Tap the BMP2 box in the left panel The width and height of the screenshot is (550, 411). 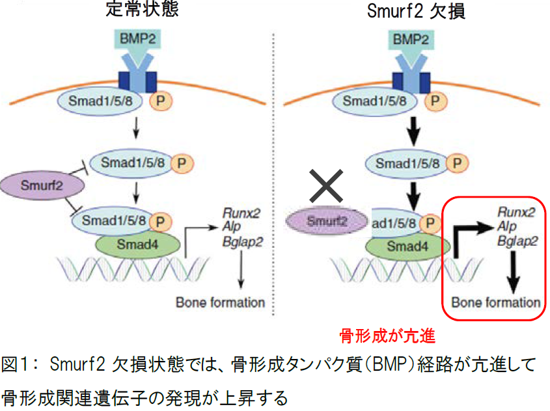(x=137, y=40)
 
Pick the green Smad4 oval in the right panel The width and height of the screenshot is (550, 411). (x=407, y=246)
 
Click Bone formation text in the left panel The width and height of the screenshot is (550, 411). (x=220, y=302)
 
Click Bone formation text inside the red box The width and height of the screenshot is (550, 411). (x=496, y=302)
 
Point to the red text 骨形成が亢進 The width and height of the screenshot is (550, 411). (x=387, y=336)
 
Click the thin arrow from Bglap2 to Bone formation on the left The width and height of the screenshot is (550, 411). (x=241, y=270)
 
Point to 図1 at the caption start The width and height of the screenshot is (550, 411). (x=18, y=364)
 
